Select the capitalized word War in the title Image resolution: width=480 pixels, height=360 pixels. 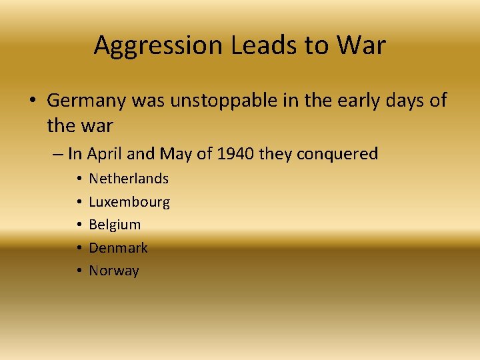pyautogui.click(x=361, y=46)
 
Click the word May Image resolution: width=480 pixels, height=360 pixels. pyautogui.click(x=176, y=155)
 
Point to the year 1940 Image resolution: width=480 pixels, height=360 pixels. pyautogui.click(x=235, y=154)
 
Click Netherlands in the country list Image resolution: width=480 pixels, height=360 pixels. pyautogui.click(x=129, y=179)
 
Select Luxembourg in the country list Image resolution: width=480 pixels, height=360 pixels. pyautogui.click(x=129, y=202)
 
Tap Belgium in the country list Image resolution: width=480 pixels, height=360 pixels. pyautogui.click(x=115, y=225)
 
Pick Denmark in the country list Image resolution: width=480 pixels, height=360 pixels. pyautogui.click(x=118, y=248)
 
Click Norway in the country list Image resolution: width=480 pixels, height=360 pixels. pyautogui.click(x=114, y=271)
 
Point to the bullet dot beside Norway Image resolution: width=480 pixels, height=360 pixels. pyautogui.click(x=79, y=271)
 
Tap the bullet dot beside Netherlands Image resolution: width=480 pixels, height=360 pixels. pyautogui.click(x=79, y=179)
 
